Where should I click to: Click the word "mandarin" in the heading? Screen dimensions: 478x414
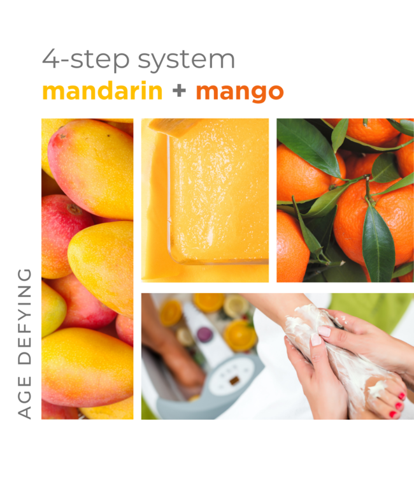[103, 92]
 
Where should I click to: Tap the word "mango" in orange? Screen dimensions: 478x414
[239, 92]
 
